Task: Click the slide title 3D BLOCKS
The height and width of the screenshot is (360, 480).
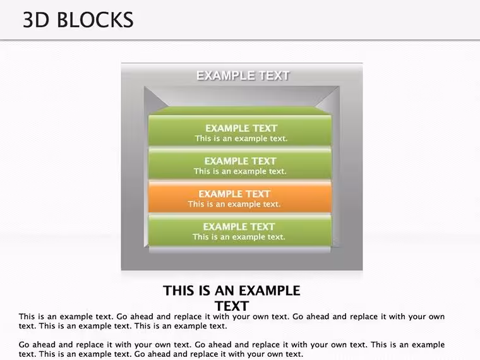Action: point(78,20)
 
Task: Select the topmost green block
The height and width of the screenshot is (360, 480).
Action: point(240,130)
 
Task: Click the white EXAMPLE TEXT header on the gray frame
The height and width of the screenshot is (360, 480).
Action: point(243,76)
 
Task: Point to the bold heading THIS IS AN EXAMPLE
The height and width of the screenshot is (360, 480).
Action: point(231,291)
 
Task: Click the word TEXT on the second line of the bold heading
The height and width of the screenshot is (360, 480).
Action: point(232,306)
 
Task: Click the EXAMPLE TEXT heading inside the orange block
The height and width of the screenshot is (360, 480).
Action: point(234,194)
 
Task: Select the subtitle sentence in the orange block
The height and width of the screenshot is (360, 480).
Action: point(234,204)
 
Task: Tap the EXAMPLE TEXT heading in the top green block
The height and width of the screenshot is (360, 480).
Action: point(241,128)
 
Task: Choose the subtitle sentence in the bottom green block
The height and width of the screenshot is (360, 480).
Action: point(239,237)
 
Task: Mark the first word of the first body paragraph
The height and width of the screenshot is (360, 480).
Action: point(27,316)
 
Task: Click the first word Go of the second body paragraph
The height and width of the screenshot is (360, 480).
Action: point(24,345)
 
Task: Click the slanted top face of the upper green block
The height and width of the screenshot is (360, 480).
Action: point(240,111)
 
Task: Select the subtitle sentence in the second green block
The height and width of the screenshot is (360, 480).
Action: point(240,171)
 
